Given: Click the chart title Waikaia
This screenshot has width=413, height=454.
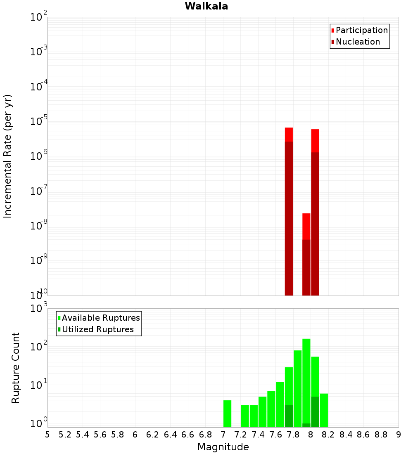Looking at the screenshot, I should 206,6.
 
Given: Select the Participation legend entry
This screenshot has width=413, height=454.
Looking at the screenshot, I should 361,30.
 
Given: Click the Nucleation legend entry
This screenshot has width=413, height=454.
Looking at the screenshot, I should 357,42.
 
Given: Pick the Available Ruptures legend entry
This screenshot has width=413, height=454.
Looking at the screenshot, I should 100,318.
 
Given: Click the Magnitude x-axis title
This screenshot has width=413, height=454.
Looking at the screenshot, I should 223,447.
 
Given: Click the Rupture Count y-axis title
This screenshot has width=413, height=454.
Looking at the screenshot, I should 16,367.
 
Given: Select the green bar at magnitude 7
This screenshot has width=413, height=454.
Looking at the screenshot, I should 227,414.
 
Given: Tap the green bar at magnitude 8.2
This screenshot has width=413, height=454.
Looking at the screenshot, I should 324,410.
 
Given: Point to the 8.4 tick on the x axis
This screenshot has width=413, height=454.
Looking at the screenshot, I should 346,435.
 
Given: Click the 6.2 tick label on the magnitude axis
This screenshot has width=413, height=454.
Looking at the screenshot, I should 153,435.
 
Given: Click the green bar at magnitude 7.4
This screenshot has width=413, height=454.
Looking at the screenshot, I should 262,411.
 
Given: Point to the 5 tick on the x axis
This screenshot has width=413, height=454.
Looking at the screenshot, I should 47,435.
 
